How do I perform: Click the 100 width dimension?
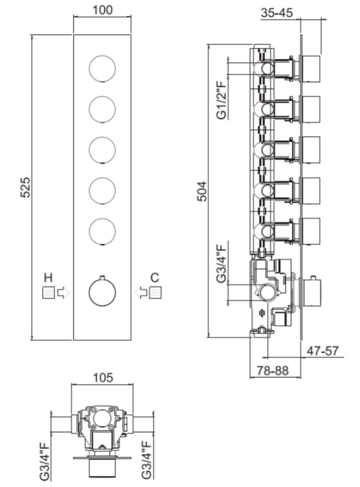tap(103, 10)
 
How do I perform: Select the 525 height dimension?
tap(25, 187)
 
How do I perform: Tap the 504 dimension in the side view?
tap(202, 192)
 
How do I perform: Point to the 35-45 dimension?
tap(276, 13)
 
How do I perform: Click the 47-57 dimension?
tap(323, 351)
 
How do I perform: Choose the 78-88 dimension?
tap(273, 370)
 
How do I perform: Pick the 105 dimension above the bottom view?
tap(103, 378)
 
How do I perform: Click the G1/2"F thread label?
tap(221, 100)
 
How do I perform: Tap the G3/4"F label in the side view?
tap(221, 263)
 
